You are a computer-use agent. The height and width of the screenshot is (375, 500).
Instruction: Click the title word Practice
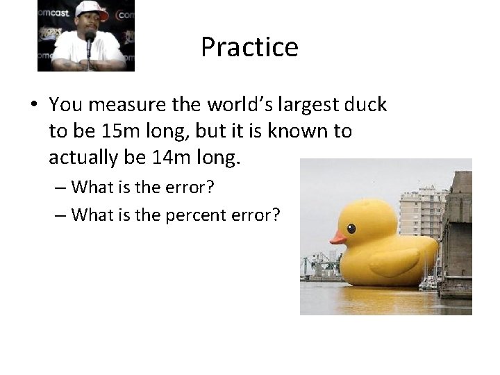pyautogui.click(x=249, y=47)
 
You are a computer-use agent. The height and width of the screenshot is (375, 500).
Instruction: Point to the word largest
pyautogui.click(x=285, y=105)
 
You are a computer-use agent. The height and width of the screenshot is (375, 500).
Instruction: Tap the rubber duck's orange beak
pyautogui.click(x=338, y=237)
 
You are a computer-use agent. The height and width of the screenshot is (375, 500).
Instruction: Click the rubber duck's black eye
pyautogui.click(x=351, y=228)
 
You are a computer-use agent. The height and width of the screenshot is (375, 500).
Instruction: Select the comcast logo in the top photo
pyautogui.click(x=53, y=12)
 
